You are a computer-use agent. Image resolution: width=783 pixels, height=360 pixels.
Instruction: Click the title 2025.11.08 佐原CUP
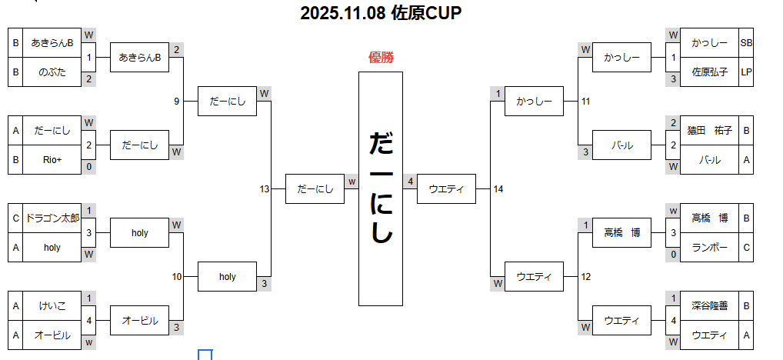click(381, 13)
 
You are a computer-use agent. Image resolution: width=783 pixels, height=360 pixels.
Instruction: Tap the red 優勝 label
click(382, 57)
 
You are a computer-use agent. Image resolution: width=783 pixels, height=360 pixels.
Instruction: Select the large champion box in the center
click(381, 188)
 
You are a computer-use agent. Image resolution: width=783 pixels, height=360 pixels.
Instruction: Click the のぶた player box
click(52, 72)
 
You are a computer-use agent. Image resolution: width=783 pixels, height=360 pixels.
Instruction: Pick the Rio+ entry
click(52, 160)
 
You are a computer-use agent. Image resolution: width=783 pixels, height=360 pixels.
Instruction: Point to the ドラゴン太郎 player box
click(52, 218)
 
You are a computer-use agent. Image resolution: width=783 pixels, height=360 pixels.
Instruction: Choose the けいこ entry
click(52, 305)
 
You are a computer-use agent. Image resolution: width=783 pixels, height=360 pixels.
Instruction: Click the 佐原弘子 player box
click(709, 72)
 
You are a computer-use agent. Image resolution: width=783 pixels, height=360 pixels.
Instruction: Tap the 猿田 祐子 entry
click(709, 130)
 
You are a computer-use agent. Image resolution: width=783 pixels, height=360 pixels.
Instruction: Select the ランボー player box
click(709, 247)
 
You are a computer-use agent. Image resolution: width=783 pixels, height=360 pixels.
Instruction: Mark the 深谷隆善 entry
click(709, 305)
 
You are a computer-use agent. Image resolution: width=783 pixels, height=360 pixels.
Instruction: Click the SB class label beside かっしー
click(746, 43)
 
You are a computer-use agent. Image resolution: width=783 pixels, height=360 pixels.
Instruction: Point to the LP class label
click(746, 72)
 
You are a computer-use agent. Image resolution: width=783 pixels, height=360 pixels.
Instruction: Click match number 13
click(265, 189)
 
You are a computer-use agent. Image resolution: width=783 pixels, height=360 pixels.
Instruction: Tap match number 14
click(498, 189)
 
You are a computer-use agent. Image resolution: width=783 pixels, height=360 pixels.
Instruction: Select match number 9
click(177, 101)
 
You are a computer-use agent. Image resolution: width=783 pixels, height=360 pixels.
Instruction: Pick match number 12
click(586, 276)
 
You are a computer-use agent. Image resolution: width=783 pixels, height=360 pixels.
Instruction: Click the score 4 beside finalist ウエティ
click(411, 182)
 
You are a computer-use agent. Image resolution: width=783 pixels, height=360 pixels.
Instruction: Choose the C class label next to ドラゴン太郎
click(15, 218)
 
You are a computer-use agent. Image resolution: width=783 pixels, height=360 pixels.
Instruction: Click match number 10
click(177, 276)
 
